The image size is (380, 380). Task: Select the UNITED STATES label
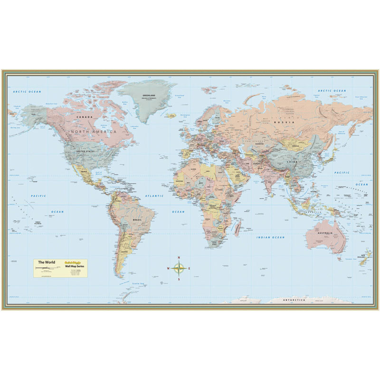pos(85,151)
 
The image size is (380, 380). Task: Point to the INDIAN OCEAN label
pos(271,237)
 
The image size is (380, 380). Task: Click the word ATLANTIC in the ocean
pos(154,196)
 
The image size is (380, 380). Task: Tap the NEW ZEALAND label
pos(365,257)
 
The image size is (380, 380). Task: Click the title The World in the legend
pos(47,262)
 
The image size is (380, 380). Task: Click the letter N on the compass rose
pos(179,258)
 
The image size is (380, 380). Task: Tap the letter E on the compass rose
pos(190,269)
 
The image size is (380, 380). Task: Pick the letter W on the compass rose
pos(168,269)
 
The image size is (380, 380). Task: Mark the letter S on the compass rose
pos(179,279)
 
